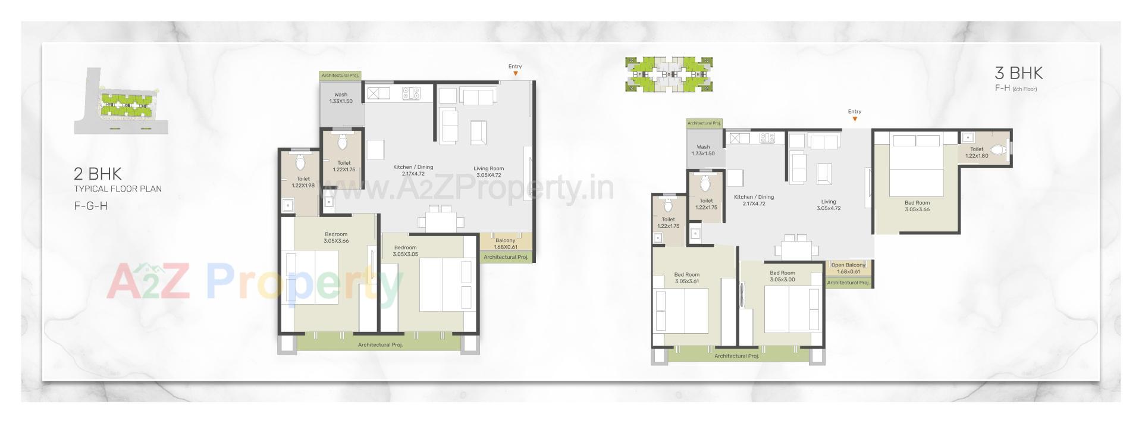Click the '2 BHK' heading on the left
[x=98, y=174]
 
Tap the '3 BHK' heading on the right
[x=1018, y=73]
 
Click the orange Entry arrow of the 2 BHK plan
[x=516, y=74]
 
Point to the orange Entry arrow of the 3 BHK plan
[x=855, y=119]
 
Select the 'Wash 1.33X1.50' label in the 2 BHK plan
[x=341, y=98]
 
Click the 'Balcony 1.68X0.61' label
[x=506, y=243]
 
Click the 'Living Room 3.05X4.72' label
[x=488, y=172]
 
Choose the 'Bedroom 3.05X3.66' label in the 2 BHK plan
[x=336, y=237]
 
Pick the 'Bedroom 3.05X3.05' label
[x=405, y=250]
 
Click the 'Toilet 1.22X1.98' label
[x=303, y=182]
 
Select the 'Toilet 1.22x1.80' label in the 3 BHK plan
[x=977, y=153]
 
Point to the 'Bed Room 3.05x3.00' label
[x=782, y=276]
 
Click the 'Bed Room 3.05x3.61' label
[x=687, y=278]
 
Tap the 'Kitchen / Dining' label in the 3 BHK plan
[x=754, y=200]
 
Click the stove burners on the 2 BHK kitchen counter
[x=411, y=93]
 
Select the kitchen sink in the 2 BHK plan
[x=378, y=93]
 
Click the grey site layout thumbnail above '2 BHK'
[x=121, y=101]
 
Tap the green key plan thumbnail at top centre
[x=669, y=74]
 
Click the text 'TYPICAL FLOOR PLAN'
[x=118, y=189]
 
